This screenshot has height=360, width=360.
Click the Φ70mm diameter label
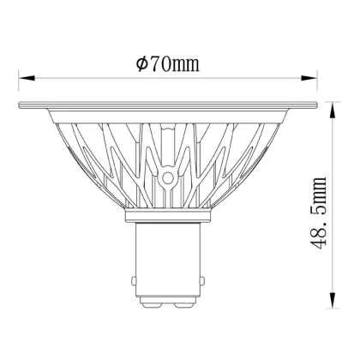[168, 64]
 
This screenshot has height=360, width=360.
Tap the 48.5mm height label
[318, 213]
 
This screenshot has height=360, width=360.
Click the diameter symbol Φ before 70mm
[142, 64]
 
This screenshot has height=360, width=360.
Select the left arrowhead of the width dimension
[27, 78]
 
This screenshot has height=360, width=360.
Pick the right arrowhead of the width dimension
[309, 78]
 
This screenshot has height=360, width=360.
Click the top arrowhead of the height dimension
[333, 111]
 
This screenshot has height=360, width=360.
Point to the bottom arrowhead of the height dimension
[333, 300]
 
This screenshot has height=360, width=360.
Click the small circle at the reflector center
[168, 178]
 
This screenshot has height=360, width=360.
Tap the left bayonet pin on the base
[134, 280]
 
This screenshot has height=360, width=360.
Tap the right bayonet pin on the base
[202, 280]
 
